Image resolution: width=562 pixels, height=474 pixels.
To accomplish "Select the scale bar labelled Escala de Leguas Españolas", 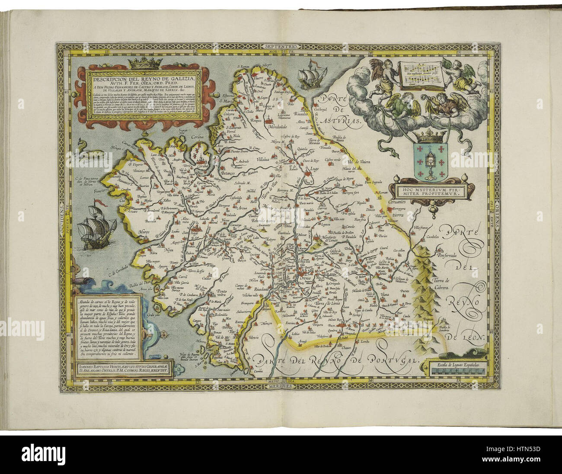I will pos(459,368).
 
